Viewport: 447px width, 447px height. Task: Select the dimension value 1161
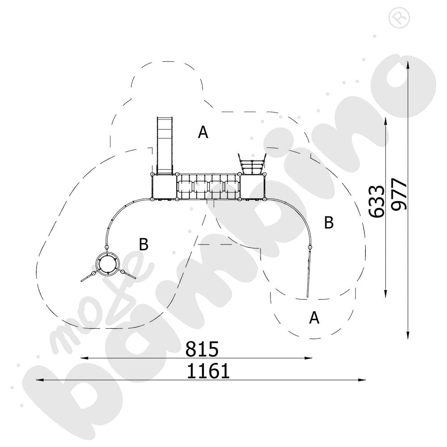tap(208, 371)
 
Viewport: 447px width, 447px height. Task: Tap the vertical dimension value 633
tap(378, 201)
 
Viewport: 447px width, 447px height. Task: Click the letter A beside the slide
tap(203, 132)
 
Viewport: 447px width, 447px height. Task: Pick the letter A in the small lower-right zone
tap(315, 318)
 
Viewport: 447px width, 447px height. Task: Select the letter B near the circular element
tap(143, 245)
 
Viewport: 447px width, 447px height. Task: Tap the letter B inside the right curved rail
tap(329, 223)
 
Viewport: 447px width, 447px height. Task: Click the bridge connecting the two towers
tap(208, 188)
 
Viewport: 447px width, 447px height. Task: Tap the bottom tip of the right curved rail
tap(308, 295)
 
